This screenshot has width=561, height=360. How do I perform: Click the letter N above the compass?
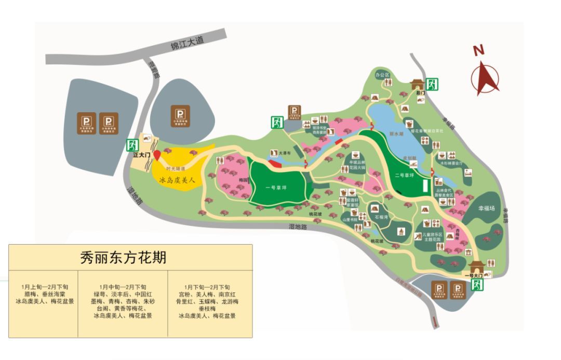(478, 50)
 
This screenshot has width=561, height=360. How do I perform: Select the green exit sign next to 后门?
(431, 84)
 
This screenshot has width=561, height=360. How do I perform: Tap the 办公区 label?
(382, 75)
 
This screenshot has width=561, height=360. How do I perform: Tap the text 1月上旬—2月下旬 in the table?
(45, 287)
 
